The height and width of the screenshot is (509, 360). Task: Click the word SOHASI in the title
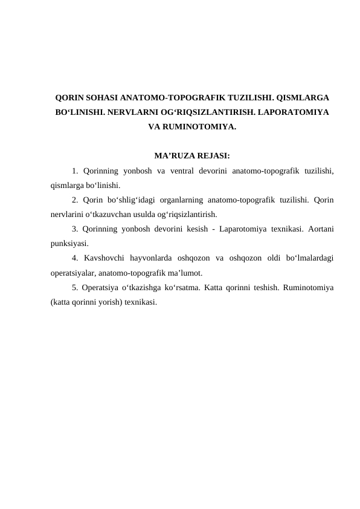[98, 97]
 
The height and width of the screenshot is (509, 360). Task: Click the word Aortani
[321, 229]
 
